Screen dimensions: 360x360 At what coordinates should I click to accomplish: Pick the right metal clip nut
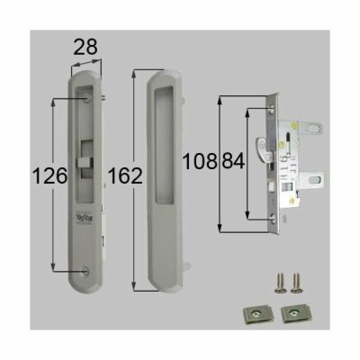tap(292, 312)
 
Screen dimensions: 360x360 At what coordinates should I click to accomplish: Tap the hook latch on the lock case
tap(262, 142)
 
